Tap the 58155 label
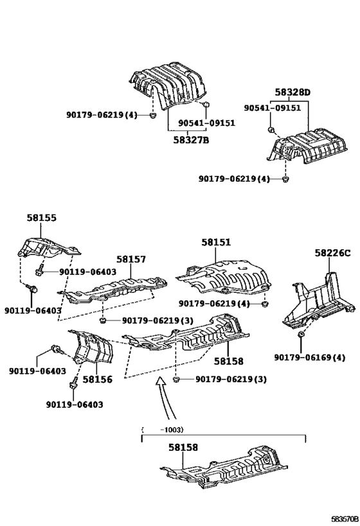pyautogui.click(x=41, y=218)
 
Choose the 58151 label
pyautogui.click(x=216, y=242)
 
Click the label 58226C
pyautogui.click(x=333, y=253)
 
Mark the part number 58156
pyautogui.click(x=96, y=380)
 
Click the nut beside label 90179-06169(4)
pyautogui.click(x=300, y=335)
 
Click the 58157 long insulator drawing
pyautogui.click(x=116, y=290)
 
